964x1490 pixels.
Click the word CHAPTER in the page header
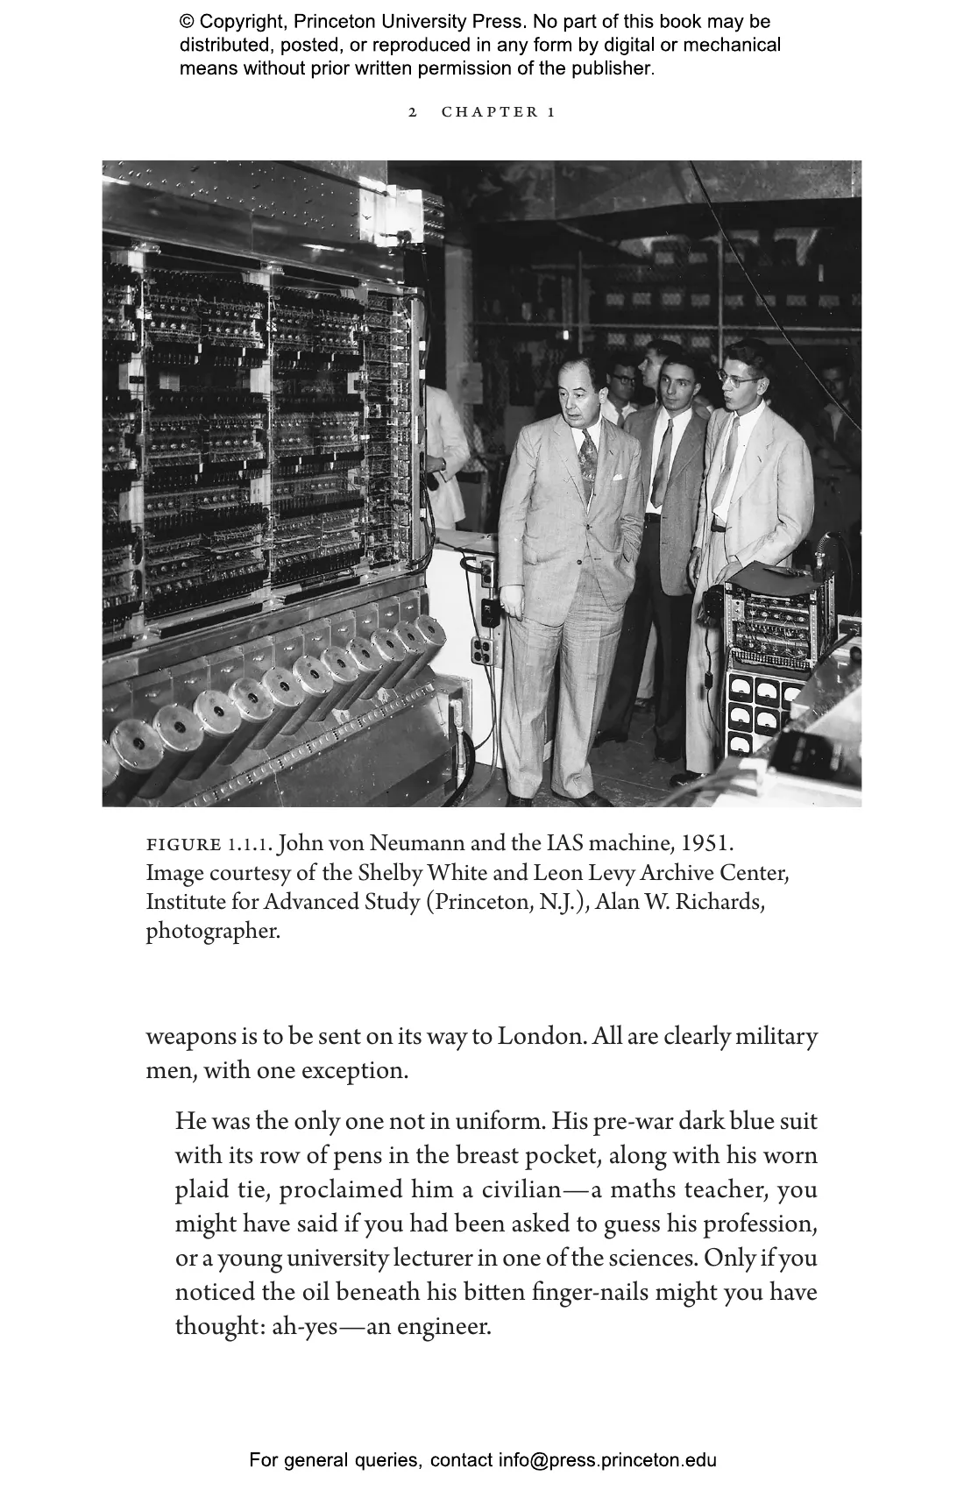click(490, 112)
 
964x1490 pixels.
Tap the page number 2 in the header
click(413, 112)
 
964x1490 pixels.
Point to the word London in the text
click(541, 1036)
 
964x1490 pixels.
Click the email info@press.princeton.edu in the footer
click(607, 1460)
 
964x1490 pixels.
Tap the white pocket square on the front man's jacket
click(618, 478)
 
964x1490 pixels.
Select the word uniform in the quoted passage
click(501, 1121)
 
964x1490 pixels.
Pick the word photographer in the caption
click(212, 931)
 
